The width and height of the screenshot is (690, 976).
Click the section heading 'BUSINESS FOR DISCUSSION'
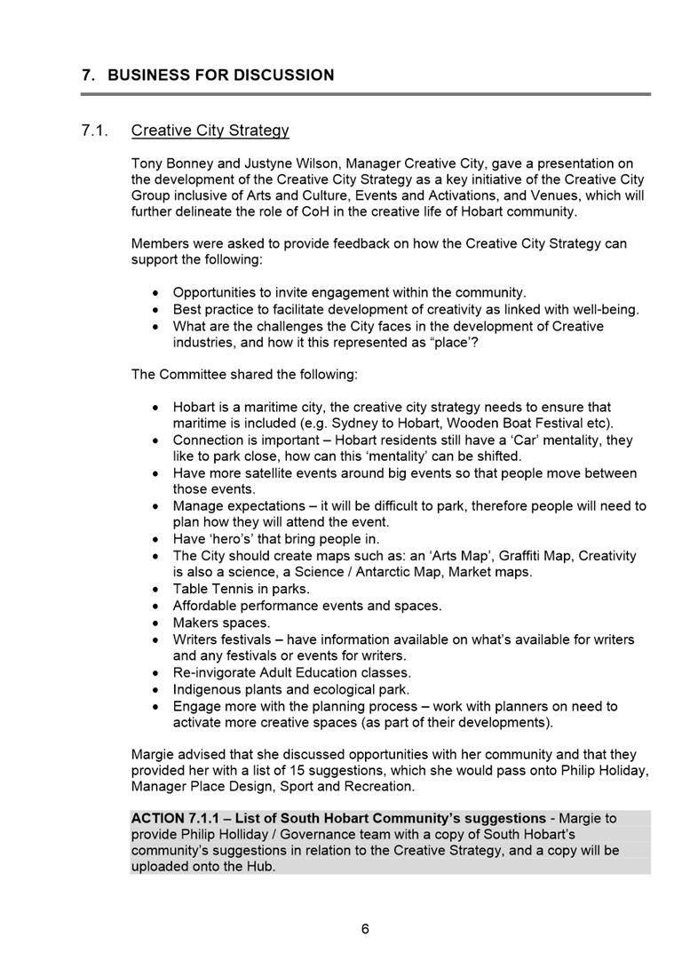click(220, 75)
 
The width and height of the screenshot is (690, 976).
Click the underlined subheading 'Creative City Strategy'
click(210, 131)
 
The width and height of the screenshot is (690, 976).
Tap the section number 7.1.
click(94, 131)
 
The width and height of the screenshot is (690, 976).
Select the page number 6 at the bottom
click(365, 929)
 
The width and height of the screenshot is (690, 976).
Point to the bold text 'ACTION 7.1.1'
click(173, 818)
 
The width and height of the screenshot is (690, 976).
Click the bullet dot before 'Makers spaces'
click(156, 623)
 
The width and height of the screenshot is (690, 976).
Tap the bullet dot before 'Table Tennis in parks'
click(156, 590)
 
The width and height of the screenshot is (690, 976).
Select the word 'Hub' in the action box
click(260, 866)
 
